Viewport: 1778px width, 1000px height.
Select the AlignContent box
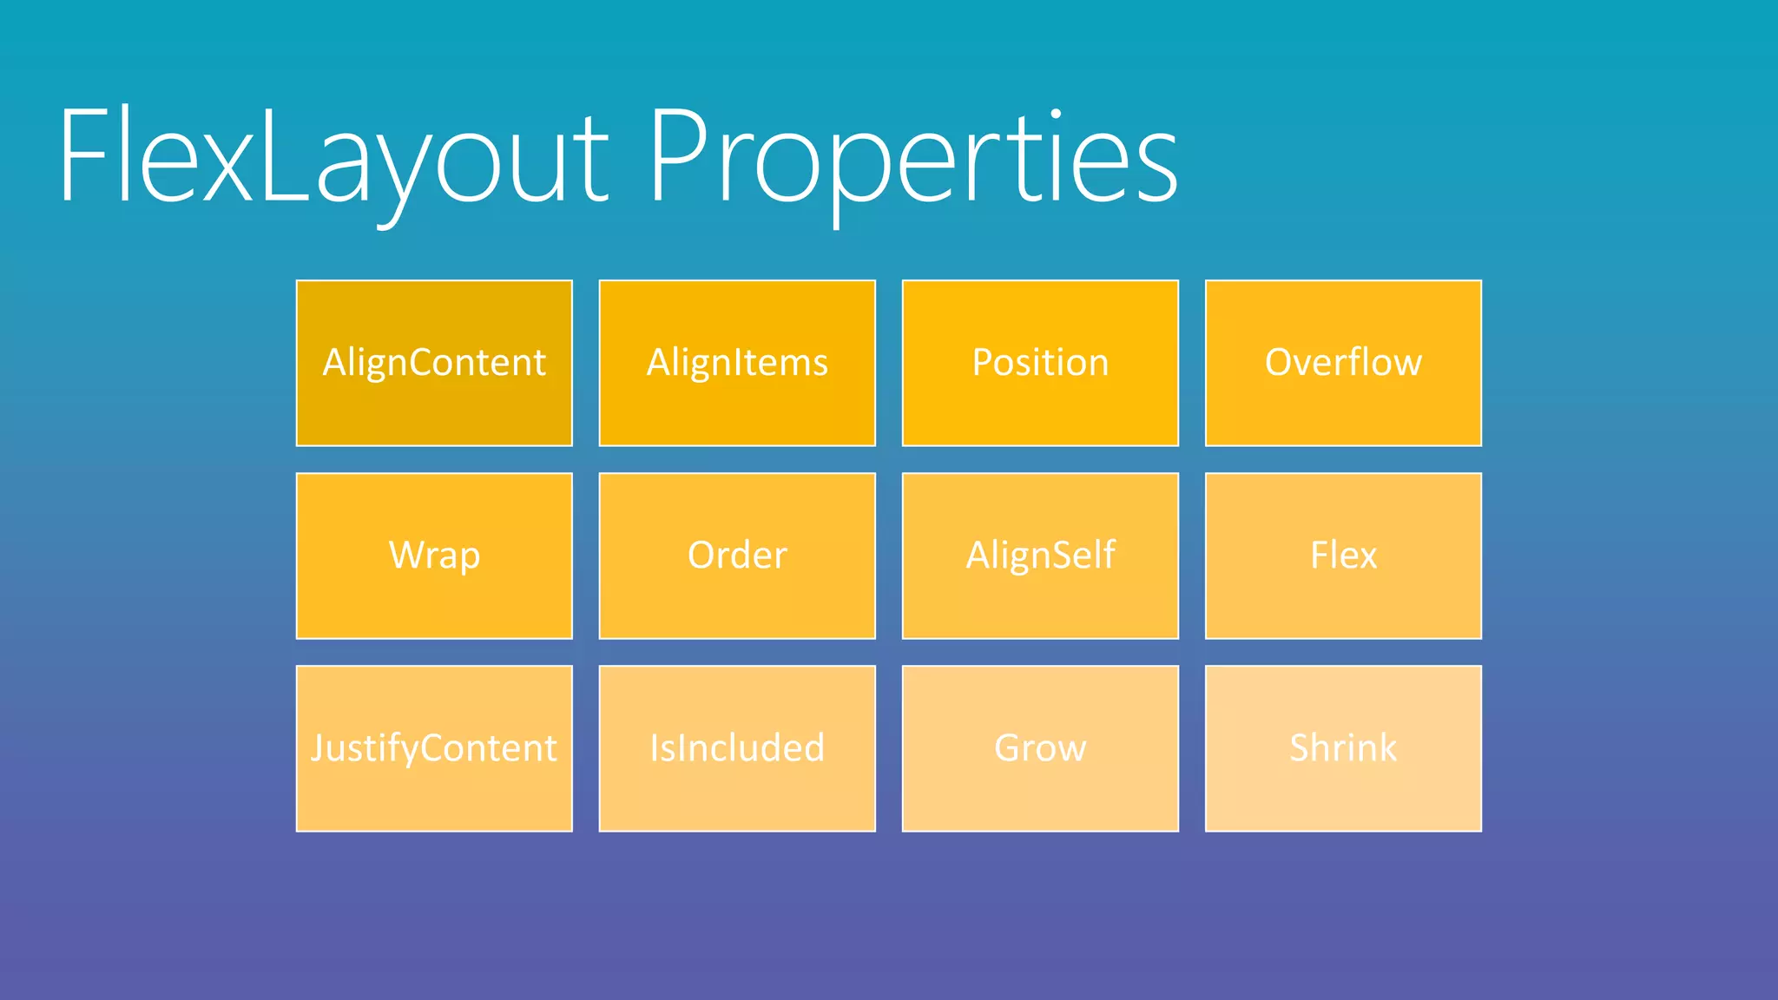pos(434,363)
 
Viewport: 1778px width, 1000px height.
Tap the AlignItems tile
pos(737,363)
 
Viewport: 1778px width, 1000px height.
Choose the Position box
pos(1040,363)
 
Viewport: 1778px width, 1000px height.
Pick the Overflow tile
pos(1343,363)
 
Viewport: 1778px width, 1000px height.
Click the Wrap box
pos(434,556)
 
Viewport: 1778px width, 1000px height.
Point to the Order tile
pos(737,556)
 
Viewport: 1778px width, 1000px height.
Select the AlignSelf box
pos(1040,556)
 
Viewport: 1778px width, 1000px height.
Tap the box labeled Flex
pos(1343,556)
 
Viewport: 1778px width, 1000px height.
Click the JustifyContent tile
pos(434,748)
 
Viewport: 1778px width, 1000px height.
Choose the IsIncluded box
pos(737,748)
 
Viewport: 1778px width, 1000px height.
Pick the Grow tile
pos(1040,748)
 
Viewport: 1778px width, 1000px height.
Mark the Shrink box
pos(1343,748)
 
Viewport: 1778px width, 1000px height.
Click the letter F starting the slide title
pos(87,156)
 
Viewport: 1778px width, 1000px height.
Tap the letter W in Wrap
pos(405,555)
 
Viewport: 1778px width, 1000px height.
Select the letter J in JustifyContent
pos(319,747)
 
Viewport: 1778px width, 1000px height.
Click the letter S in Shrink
pos(1300,747)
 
